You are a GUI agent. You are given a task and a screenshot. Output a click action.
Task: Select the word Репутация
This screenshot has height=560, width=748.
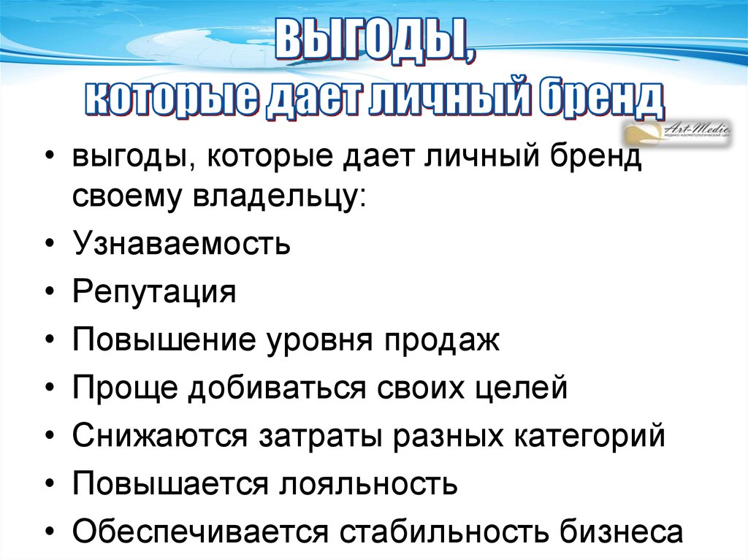coord(154,293)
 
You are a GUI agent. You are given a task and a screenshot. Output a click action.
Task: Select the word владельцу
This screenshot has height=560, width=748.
coord(282,198)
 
